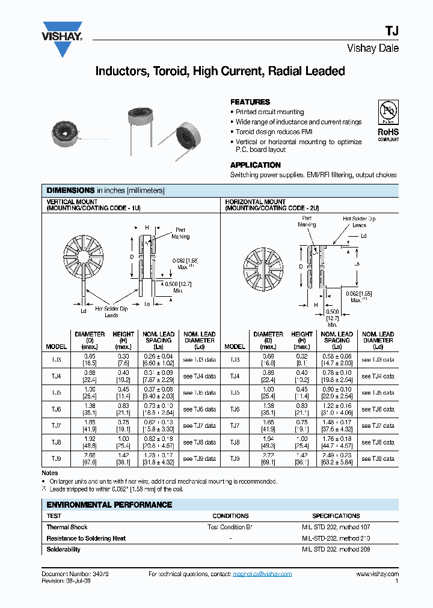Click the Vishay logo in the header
click(x=62, y=38)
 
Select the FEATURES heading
click(x=250, y=102)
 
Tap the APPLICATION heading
click(x=255, y=165)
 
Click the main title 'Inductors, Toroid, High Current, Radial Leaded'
click(x=220, y=71)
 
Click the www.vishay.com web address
click(x=377, y=574)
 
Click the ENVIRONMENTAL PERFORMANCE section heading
click(x=109, y=505)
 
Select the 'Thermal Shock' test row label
click(x=67, y=527)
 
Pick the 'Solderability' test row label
click(x=64, y=550)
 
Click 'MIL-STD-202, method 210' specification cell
click(x=336, y=538)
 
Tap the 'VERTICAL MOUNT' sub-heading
click(x=69, y=202)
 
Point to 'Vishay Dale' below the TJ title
click(x=373, y=49)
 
